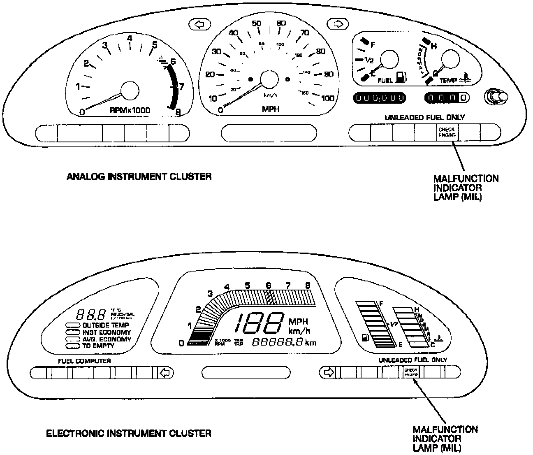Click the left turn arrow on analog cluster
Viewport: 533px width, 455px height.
coord(199,25)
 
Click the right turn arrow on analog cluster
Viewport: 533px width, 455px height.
coord(338,24)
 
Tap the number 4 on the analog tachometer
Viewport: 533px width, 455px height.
coord(130,39)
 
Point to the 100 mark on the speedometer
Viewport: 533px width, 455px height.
coord(328,98)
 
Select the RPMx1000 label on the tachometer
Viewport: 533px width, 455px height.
coord(130,110)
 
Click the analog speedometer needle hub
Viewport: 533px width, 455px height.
coord(269,79)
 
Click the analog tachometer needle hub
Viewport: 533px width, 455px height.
coord(130,90)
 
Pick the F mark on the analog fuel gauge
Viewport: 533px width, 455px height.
coord(373,45)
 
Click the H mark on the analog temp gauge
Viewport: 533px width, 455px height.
coord(433,46)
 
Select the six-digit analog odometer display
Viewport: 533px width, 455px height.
coord(379,98)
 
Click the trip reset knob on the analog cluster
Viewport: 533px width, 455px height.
coord(496,97)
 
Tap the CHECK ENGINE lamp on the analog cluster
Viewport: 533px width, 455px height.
coord(447,132)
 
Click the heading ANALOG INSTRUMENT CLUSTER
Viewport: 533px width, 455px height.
coord(139,177)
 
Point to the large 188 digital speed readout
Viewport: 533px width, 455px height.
coord(259,323)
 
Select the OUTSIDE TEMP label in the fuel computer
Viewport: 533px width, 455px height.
coord(106,325)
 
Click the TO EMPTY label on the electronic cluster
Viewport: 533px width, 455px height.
coord(98,346)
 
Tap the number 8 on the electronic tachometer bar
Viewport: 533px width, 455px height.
coord(308,285)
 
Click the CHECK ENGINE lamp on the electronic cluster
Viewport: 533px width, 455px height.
coord(411,373)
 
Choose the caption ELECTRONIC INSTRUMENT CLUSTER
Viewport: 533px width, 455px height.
coord(129,433)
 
